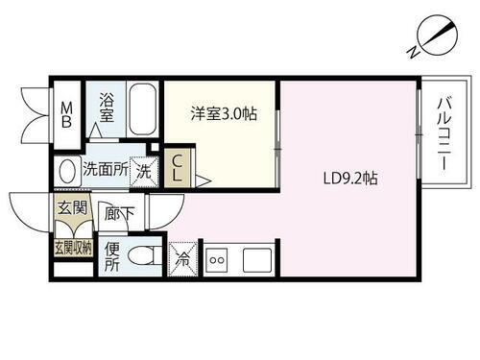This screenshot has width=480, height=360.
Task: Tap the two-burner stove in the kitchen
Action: pos(216,258)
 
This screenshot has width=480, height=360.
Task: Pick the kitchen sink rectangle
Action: pos(257,258)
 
